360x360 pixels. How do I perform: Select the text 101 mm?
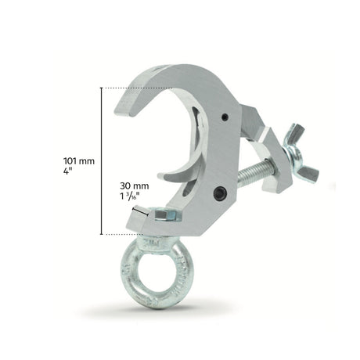pyautogui.click(x=78, y=160)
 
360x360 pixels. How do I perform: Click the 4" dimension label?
pyautogui.click(x=69, y=174)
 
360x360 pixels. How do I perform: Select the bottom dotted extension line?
pyautogui.click(x=125, y=233)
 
